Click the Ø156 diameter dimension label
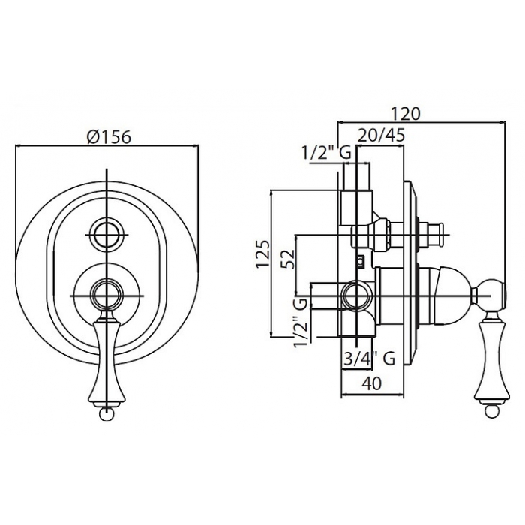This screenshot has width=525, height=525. [x=108, y=136]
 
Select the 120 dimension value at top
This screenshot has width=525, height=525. [x=405, y=114]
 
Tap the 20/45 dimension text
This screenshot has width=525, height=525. [x=382, y=135]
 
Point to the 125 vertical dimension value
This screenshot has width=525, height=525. [x=262, y=253]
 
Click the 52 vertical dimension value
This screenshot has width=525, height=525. [x=289, y=259]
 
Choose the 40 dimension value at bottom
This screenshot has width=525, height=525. [x=371, y=383]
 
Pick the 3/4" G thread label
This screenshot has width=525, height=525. [x=370, y=358]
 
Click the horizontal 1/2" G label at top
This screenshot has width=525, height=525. [x=327, y=153]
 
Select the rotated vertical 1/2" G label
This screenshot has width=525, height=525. [x=300, y=322]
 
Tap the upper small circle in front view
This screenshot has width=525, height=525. [x=106, y=235]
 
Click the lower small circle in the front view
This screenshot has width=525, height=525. [x=106, y=295]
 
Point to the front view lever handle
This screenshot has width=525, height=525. [x=106, y=360]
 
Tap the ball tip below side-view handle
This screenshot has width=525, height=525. [x=490, y=412]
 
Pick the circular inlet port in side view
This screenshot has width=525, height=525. [x=358, y=295]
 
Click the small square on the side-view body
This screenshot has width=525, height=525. [x=360, y=260]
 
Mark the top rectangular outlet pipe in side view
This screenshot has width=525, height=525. [x=355, y=194]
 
